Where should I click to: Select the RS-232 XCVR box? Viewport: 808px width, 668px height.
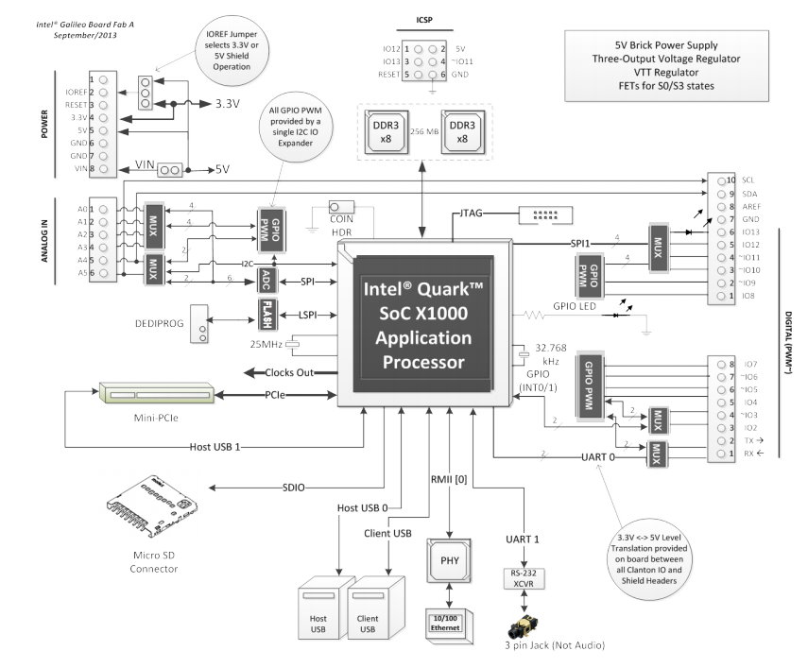point(524,578)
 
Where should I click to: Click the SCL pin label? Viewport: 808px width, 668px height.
point(748,179)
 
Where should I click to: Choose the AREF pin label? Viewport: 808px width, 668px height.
point(751,205)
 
